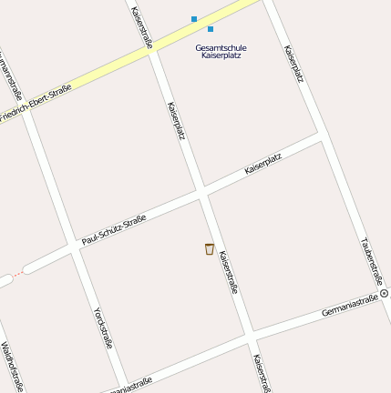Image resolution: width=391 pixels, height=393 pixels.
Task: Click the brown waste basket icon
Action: click(210, 249)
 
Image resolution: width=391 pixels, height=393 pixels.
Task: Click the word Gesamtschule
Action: click(221, 47)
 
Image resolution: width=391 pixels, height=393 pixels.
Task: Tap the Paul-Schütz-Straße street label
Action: click(113, 230)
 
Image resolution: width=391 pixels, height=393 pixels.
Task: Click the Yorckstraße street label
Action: click(102, 327)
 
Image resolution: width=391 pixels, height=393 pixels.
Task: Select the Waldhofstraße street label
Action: click(12, 367)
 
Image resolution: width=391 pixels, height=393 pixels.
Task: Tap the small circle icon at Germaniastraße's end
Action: click(384, 294)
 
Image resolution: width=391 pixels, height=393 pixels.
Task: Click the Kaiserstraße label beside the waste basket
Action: click(229, 272)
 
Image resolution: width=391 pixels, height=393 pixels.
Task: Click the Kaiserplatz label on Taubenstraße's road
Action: click(293, 64)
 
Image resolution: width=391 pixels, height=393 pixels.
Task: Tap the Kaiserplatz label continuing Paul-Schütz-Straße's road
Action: click(263, 164)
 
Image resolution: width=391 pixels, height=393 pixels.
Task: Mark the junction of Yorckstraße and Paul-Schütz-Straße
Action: click(74, 248)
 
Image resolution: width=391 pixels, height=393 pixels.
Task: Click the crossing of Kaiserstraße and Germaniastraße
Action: click(250, 338)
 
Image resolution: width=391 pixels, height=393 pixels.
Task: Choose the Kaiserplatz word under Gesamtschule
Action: click(221, 56)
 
